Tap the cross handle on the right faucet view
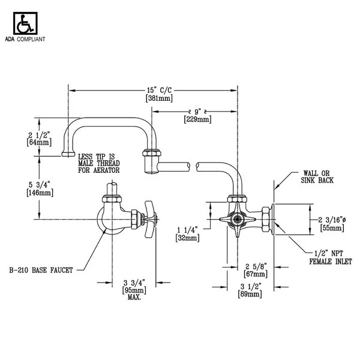(x=230, y=221)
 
